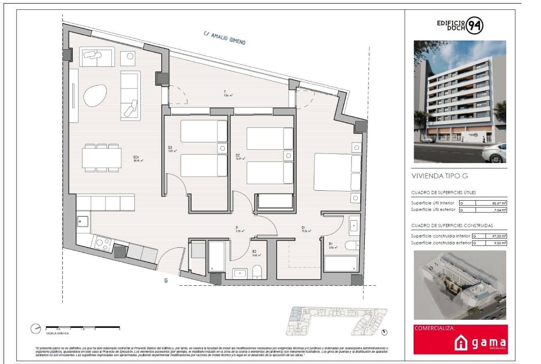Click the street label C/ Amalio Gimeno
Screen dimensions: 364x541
click(225, 38)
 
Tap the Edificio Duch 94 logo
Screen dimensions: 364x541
click(460, 26)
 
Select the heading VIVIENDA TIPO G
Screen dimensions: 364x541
click(440, 176)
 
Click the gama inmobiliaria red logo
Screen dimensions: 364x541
click(460, 340)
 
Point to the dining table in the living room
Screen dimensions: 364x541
click(102, 158)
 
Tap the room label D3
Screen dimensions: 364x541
click(170, 148)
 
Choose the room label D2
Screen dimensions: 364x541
click(237, 156)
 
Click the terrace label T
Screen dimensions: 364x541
click(225, 92)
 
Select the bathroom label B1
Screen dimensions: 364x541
click(331, 244)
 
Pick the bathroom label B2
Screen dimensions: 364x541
click(255, 251)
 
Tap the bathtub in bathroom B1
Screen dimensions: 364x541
click(340, 264)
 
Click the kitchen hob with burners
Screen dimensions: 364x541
click(102, 244)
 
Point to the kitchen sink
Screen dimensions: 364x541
click(83, 222)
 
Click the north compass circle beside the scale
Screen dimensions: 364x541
click(36, 329)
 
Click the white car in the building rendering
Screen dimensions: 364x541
click(494, 152)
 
